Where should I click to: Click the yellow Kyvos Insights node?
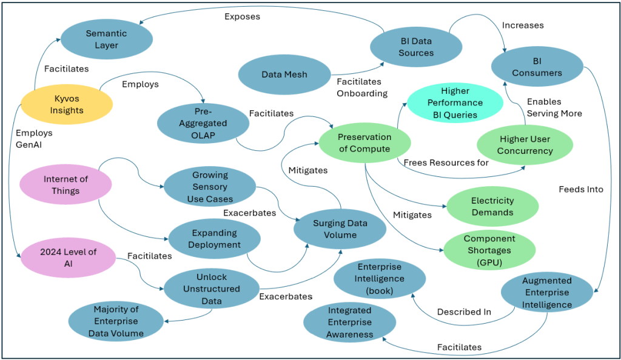[67, 104]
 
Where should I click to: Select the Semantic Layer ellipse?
[106, 39]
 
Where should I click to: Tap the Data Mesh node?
[284, 75]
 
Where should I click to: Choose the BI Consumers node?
[537, 67]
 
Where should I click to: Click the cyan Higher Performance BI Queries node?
[451, 102]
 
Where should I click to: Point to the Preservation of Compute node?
[364, 143]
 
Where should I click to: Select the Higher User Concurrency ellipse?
[525, 144]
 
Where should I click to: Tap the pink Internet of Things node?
[65, 184]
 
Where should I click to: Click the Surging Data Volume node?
[340, 228]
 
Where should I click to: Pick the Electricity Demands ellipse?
[492, 207]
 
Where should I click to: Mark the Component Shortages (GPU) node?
[489, 250]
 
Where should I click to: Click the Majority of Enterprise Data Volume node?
[116, 322]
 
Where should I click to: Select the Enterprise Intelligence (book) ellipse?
[380, 279]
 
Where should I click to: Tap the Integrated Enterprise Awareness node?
[350, 322]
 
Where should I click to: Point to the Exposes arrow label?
[242, 16]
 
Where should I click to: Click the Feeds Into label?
[581, 189]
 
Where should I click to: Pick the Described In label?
[464, 312]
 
